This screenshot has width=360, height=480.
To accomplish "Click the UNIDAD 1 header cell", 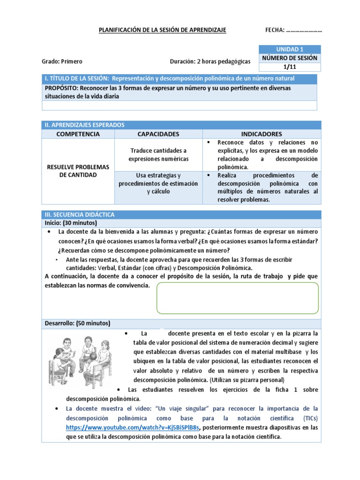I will [289, 49].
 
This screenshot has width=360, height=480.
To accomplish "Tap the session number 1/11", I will [290, 67].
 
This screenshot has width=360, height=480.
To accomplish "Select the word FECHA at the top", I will [274, 30].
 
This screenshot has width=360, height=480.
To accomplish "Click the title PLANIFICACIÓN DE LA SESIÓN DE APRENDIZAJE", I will [162, 30].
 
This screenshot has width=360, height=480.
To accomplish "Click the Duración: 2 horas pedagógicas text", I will [210, 61].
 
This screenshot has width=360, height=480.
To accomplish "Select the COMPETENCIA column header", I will [78, 134].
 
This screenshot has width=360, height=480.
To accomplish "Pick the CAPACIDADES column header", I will [158, 134].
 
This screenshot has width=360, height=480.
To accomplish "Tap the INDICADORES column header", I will [262, 134].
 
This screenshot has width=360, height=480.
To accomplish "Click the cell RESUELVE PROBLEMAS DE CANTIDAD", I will [78, 171].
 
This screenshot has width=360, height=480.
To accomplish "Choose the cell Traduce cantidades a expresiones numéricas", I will [158, 155].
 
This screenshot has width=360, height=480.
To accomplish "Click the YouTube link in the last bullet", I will [133, 427].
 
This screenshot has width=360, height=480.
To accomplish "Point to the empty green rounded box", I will [238, 298].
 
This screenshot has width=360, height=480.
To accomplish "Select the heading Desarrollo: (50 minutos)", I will [77, 323].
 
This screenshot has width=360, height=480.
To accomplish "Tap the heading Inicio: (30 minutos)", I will [70, 223].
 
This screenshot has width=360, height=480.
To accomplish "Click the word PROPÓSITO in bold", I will [62, 88].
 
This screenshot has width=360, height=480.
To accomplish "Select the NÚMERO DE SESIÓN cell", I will [290, 58].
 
